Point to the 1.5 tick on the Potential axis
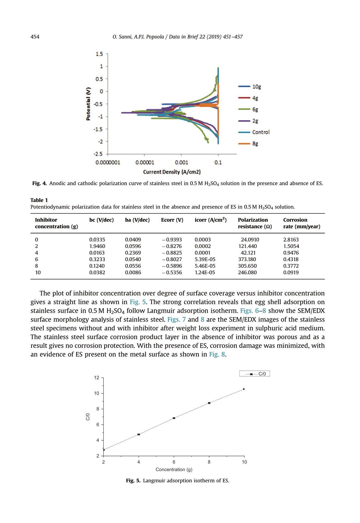pos(99,54)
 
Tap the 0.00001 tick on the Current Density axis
pos(145,162)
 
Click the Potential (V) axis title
pos(88,104)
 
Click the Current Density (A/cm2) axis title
pos(172,172)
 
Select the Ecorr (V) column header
pos(172,220)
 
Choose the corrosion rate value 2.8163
pos(291,240)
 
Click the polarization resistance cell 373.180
pos(247,259)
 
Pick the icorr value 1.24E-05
pos(205,272)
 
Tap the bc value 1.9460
pos(97,246)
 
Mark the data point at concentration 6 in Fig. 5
pos(174,418)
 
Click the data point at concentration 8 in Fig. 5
pos(209,403)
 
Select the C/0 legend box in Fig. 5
pos(254,374)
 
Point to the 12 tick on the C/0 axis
pos(96,378)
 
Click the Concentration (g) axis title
pos(174,470)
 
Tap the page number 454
pos(35,37)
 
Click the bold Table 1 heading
pos(39,200)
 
